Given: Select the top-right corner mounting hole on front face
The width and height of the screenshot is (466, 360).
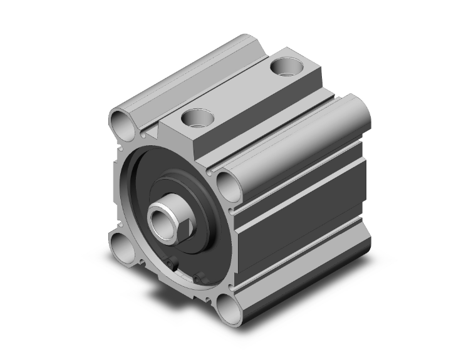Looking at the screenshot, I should click(226, 182).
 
